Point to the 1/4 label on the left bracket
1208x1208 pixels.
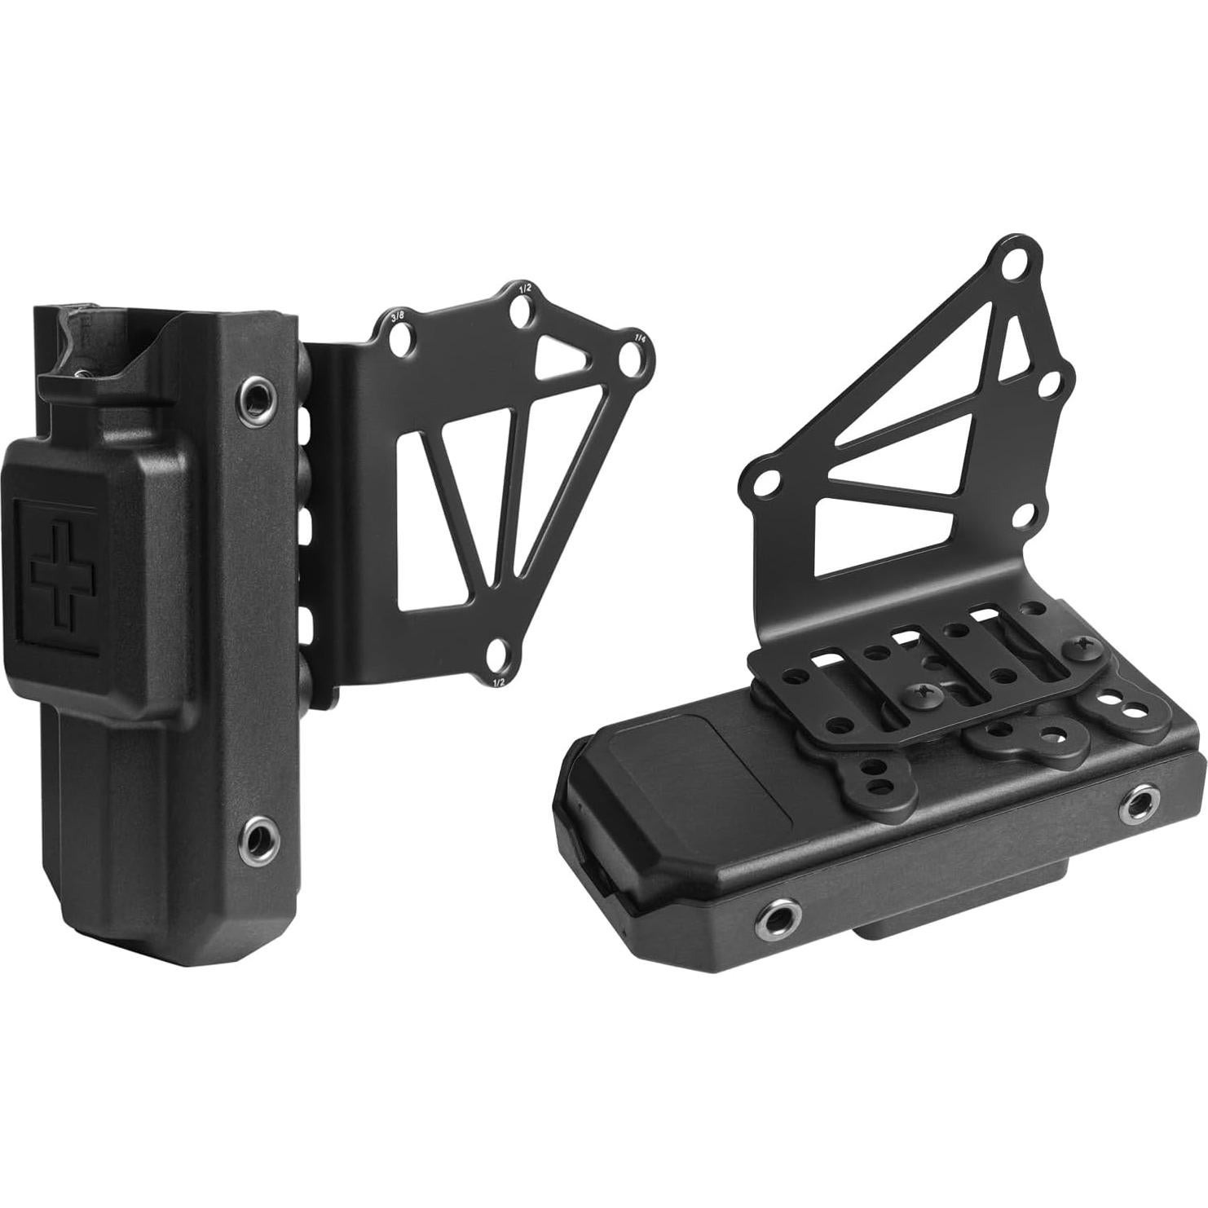639,336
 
